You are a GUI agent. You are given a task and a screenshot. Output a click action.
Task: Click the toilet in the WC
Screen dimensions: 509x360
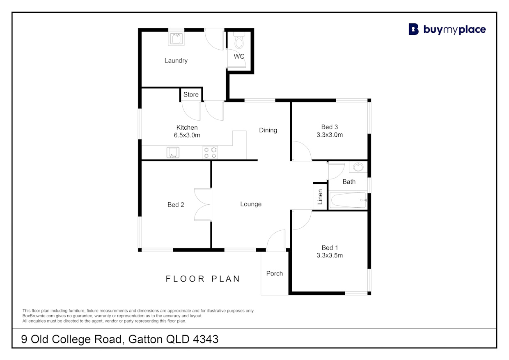[239, 40]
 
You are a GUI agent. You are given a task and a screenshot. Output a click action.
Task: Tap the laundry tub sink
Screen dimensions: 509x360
[177, 39]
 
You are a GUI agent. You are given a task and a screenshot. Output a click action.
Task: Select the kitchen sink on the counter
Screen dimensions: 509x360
[173, 152]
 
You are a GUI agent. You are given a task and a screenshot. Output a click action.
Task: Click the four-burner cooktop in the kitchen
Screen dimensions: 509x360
[210, 153]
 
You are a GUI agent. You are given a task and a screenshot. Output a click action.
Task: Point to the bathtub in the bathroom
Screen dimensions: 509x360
[348, 200]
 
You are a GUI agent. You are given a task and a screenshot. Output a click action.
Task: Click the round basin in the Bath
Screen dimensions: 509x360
[358, 167]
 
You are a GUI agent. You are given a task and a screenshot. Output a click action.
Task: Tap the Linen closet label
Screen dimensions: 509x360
[320, 197]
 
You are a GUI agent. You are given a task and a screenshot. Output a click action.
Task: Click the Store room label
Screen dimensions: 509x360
[191, 94]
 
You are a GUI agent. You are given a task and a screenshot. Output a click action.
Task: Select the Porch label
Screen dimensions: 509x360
[275, 273]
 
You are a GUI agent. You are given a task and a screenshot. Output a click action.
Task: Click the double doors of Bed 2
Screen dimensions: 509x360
[203, 204]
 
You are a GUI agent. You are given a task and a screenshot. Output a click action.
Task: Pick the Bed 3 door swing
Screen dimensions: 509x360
[302, 151]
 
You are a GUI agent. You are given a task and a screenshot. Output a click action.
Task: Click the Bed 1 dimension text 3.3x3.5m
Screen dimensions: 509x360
[330, 255]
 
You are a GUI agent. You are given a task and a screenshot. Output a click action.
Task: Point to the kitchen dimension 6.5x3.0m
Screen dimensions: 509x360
[187, 135]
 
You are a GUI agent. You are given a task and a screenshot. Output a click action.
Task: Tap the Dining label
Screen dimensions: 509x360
[268, 130]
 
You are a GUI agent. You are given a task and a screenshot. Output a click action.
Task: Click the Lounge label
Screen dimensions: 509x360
[251, 204]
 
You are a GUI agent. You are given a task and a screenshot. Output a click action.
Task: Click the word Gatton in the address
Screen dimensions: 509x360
[145, 339]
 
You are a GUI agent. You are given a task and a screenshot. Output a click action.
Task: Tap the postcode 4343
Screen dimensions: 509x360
[206, 339]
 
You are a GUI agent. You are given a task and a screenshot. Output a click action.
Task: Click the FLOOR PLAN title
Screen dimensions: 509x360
[203, 279]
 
